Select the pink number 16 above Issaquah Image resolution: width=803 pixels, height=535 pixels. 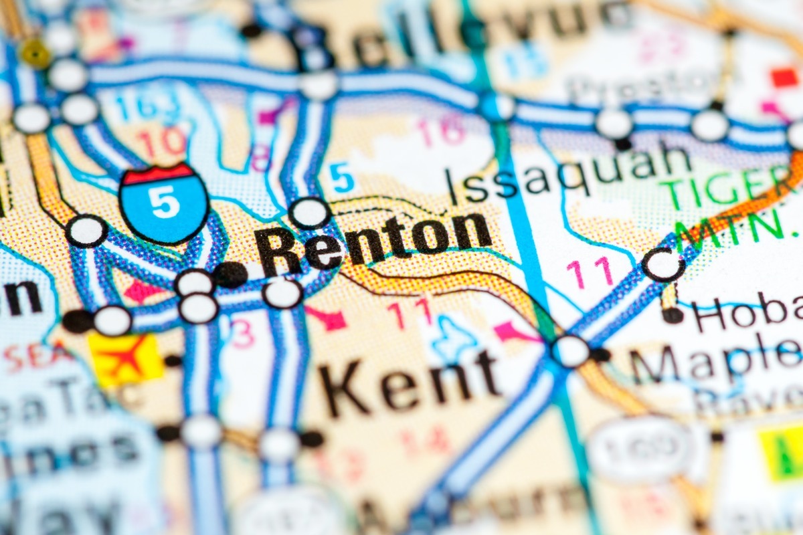(442, 130)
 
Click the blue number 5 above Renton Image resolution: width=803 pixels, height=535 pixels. (341, 178)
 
